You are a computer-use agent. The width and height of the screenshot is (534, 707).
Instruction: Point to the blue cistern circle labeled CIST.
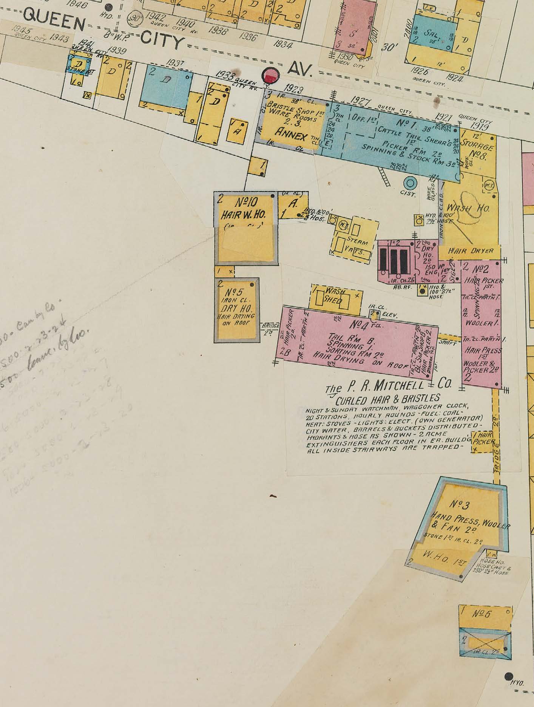409,184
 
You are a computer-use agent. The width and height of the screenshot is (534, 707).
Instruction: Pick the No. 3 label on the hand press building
460,504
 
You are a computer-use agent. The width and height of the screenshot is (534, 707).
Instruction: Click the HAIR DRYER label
466,251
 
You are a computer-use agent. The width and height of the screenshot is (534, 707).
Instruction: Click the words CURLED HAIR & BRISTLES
387,398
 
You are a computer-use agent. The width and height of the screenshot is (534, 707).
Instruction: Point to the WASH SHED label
333,296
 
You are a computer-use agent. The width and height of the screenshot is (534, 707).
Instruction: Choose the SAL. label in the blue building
431,33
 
